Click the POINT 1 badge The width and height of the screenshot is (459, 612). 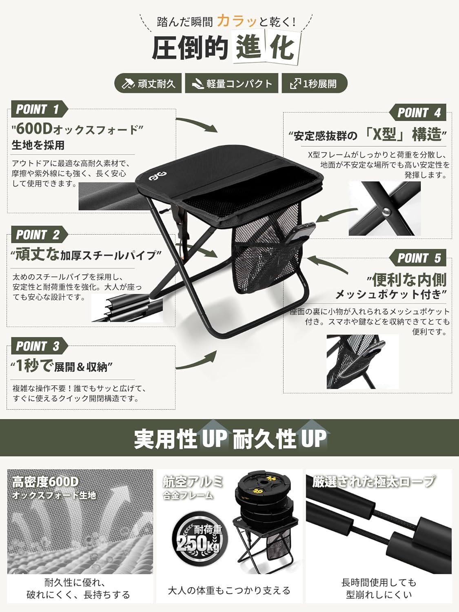point(39,109)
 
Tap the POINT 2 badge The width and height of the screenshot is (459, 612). point(39,235)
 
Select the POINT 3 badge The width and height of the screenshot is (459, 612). point(39,346)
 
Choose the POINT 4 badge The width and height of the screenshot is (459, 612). point(417,112)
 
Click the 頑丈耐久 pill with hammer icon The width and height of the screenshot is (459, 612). point(148,83)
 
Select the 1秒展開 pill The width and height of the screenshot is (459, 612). point(315,83)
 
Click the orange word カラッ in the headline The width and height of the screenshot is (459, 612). point(236,21)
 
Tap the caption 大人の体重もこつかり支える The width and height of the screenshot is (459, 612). point(229,590)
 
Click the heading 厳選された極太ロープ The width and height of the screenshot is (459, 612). point(374,481)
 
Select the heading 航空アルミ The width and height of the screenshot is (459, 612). point(193,481)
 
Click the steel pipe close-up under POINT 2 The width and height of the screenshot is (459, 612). point(127,308)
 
